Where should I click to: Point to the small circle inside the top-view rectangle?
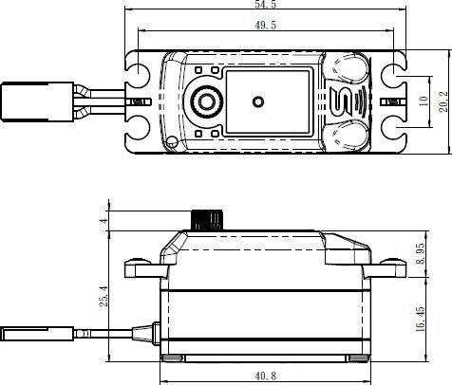pyautogui.click(x=256, y=100)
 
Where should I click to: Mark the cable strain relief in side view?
pyautogui.click(x=148, y=333)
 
